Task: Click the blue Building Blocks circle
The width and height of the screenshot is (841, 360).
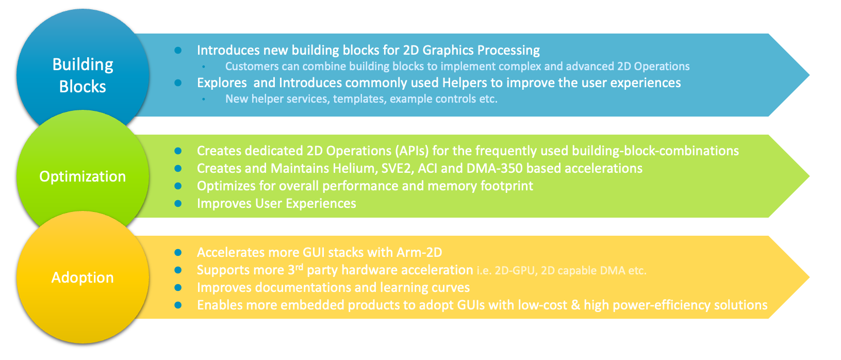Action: pyautogui.click(x=83, y=71)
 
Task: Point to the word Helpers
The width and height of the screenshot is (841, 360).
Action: pyautogui.click(x=465, y=83)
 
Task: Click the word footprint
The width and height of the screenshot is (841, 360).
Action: pyautogui.click(x=507, y=186)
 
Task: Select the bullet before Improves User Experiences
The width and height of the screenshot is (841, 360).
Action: pyautogui.click(x=178, y=203)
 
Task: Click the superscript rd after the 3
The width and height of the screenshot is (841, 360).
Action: pyautogui.click(x=299, y=267)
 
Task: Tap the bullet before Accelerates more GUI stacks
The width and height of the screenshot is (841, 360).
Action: pyautogui.click(x=178, y=253)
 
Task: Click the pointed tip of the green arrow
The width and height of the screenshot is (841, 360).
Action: pyautogui.click(x=809, y=176)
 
